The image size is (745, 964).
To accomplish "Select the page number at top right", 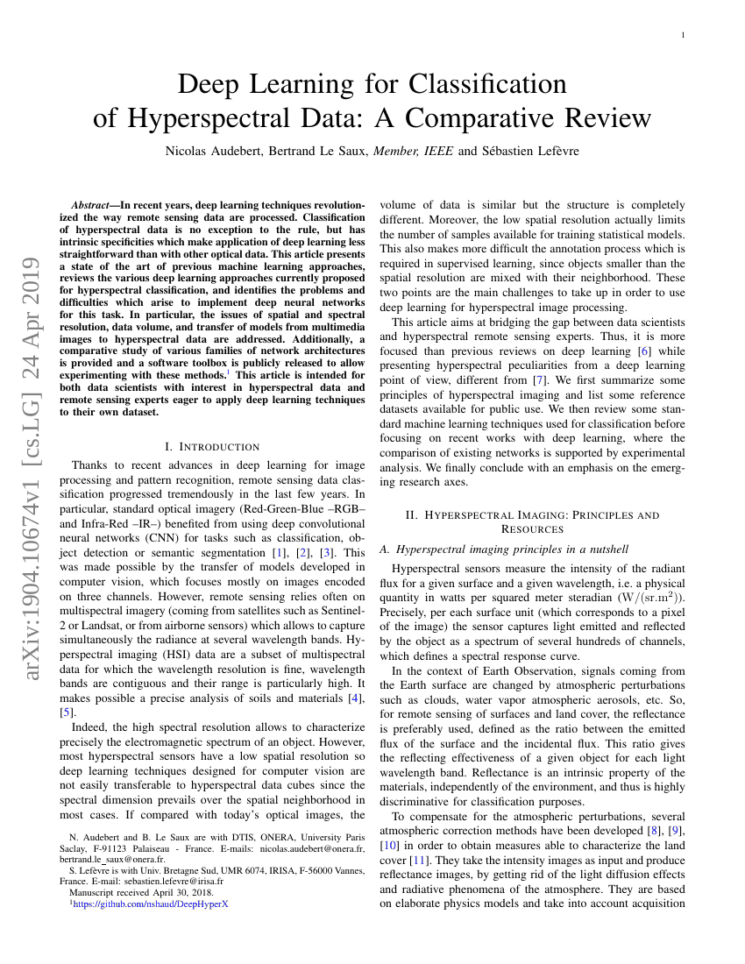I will coord(683,35).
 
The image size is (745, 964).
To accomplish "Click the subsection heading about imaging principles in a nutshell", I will coord(504,549).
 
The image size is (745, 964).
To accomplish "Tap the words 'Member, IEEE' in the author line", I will coord(414,151).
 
